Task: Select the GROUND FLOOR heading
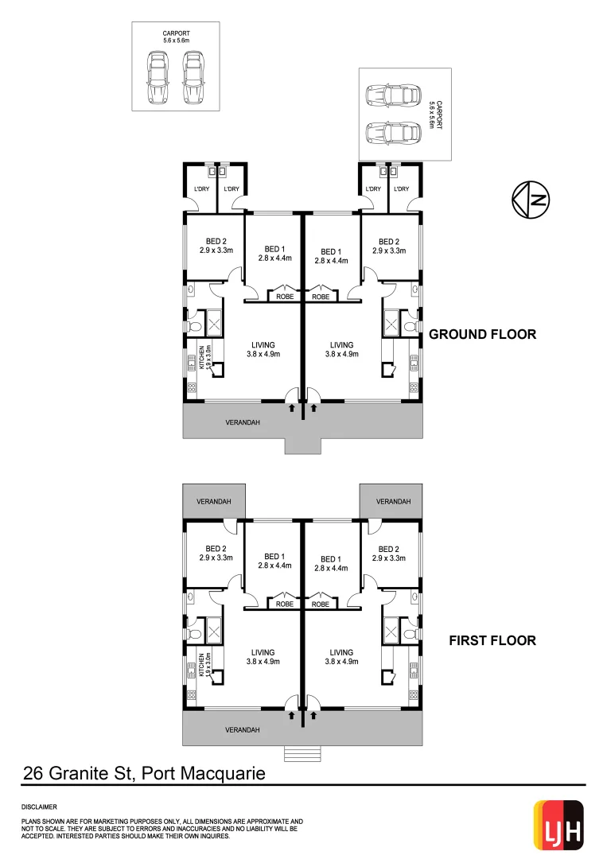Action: (x=482, y=334)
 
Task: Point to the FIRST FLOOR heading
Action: (x=492, y=639)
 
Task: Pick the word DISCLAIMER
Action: (x=39, y=806)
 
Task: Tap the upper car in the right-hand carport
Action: (x=393, y=96)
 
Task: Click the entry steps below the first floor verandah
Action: (x=303, y=753)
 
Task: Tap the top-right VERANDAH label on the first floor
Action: (x=393, y=502)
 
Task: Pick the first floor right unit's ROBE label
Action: (x=321, y=604)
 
